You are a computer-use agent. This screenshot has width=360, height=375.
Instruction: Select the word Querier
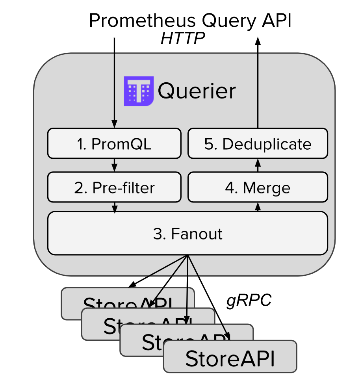[x=197, y=91]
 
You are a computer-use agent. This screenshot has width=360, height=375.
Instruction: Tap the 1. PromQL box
[x=114, y=144]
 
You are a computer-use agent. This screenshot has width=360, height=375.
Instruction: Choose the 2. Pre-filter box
[x=114, y=187]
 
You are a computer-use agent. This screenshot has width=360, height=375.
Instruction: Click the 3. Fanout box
[x=187, y=234]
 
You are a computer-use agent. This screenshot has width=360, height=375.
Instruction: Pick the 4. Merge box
[x=258, y=187]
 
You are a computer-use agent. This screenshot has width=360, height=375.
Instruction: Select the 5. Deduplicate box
[x=258, y=144]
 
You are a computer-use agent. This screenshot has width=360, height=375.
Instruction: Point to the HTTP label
[x=182, y=39]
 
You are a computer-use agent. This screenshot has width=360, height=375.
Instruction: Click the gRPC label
[x=249, y=301]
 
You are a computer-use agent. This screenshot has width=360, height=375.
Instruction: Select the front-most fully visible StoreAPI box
[x=230, y=358]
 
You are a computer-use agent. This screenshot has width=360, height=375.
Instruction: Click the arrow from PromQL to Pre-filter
[x=114, y=165]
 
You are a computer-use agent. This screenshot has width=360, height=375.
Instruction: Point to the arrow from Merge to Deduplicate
[x=258, y=165]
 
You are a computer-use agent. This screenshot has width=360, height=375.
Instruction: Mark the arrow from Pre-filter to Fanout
[x=114, y=208]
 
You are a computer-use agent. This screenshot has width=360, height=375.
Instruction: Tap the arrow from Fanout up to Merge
[x=258, y=207]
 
